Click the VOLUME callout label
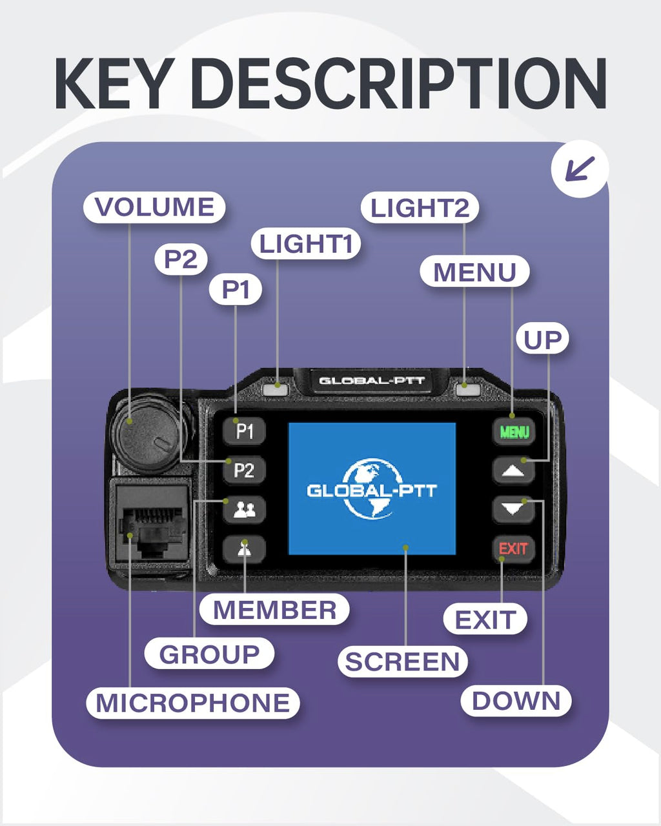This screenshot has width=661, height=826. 154,207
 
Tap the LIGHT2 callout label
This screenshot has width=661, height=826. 420,208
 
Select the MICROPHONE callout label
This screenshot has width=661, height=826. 193,703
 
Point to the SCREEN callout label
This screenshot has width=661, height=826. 403,661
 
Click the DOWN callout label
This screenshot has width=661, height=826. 516,701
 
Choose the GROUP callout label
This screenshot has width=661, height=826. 209,654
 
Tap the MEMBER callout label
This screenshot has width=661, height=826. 274,610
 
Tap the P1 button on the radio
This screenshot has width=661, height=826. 244,431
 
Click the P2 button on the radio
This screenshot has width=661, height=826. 244,470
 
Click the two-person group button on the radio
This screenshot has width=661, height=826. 244,510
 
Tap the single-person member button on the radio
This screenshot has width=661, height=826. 244,549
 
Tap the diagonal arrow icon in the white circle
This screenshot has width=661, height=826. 580,169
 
